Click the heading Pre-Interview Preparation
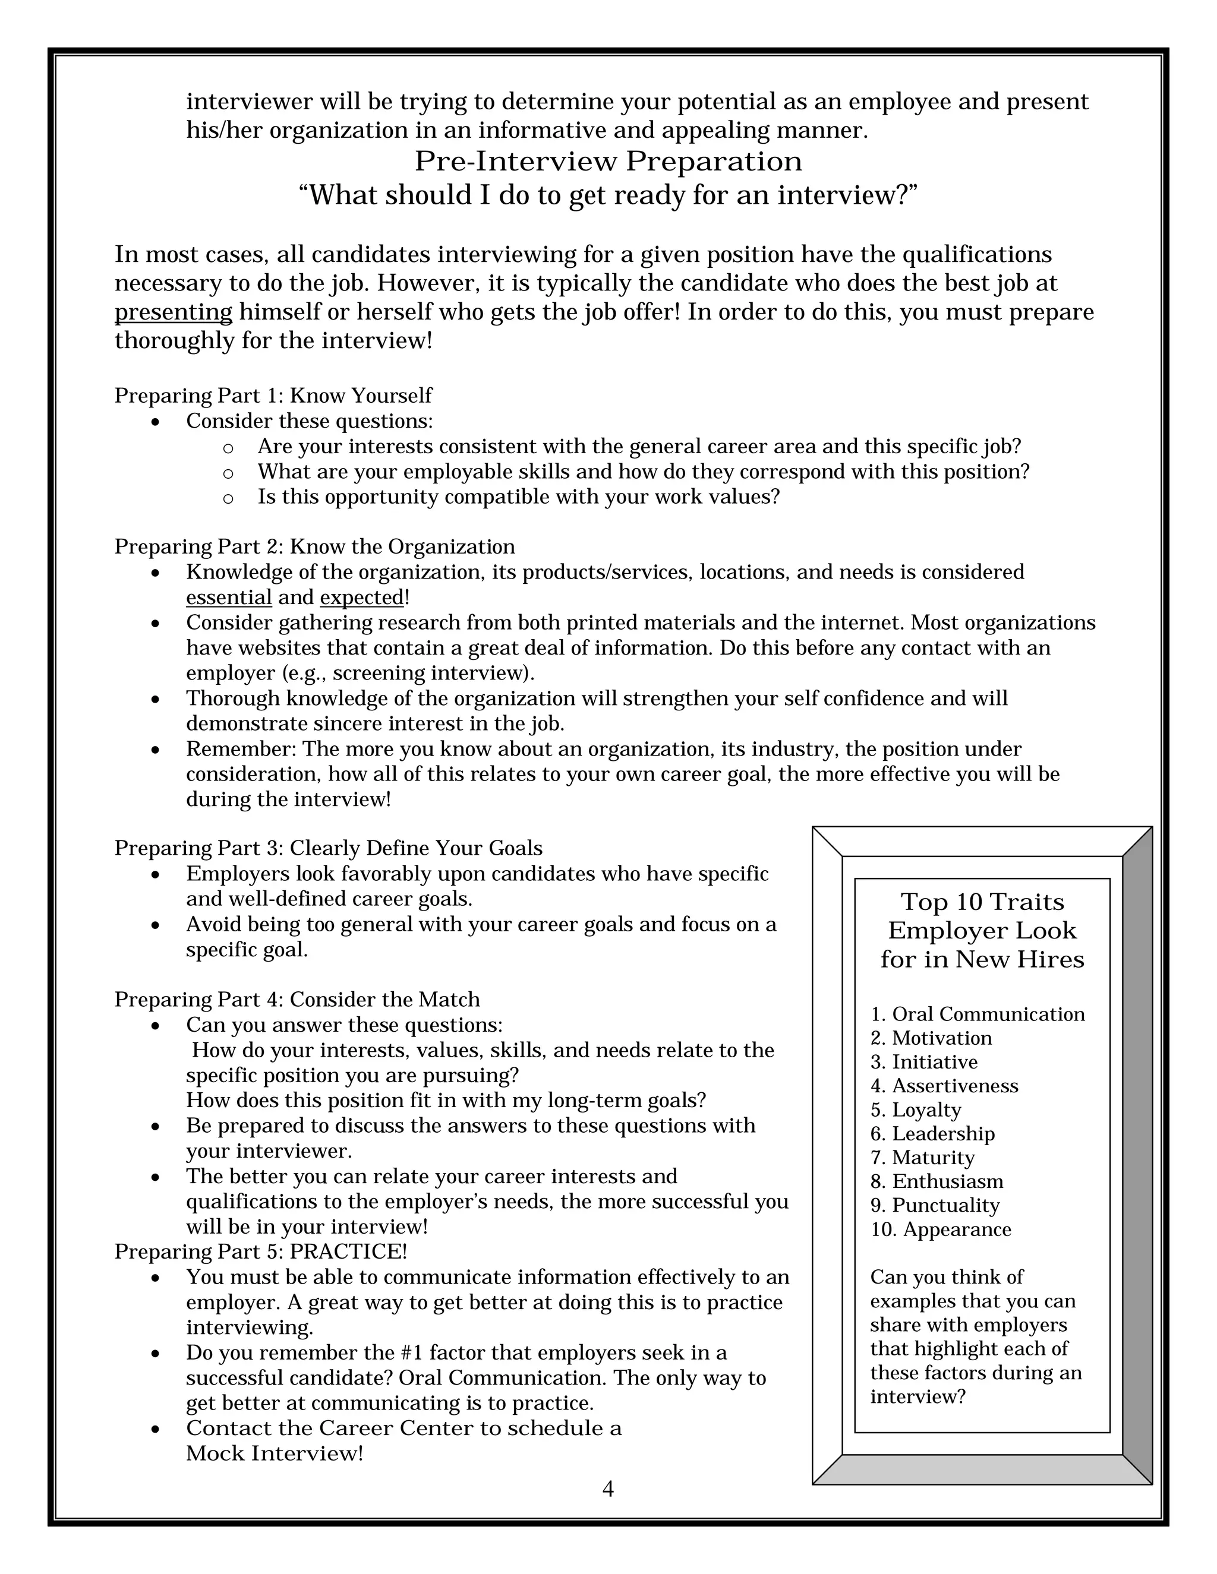point(608,162)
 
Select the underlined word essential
point(229,598)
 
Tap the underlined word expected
point(362,598)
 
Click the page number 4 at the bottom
point(608,1489)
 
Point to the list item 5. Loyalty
point(916,1110)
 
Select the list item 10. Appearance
point(940,1230)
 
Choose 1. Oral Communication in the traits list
point(977,1014)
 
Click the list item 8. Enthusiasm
point(937,1181)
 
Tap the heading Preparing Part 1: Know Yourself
point(273,396)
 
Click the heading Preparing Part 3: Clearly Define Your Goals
point(328,848)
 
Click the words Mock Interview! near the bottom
point(274,1453)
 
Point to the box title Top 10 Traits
point(982,902)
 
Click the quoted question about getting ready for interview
point(608,195)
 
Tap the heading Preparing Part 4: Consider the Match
point(297,1000)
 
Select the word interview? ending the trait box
point(917,1397)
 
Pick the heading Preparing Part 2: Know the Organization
point(314,547)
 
